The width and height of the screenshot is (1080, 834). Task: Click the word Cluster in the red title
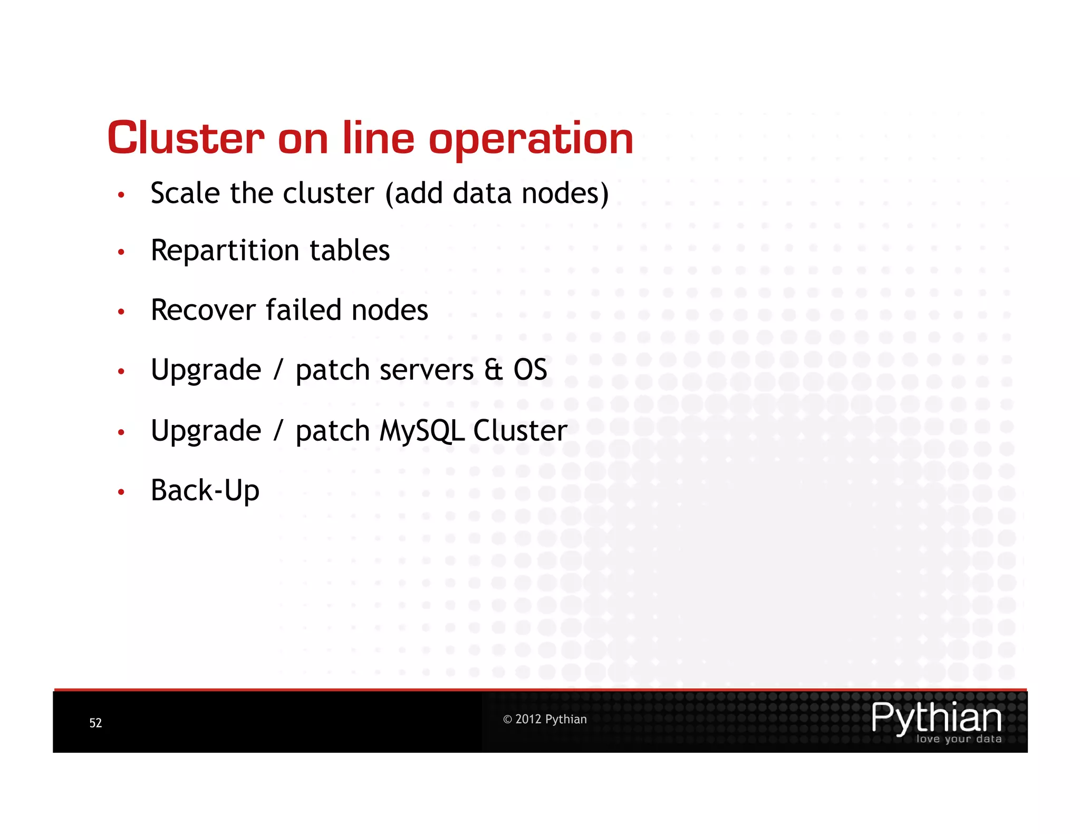tap(186, 138)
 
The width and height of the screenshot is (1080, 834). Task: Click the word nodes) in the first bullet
tap(565, 193)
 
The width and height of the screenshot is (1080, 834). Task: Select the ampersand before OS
tap(493, 370)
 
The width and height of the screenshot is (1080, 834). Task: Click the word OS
tap(530, 370)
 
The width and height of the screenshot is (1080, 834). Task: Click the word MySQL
tap(421, 431)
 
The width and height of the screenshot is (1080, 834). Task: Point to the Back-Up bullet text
tap(205, 491)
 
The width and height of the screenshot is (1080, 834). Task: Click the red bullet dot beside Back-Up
tap(121, 492)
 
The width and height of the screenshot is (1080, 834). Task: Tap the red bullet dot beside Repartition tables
tap(121, 253)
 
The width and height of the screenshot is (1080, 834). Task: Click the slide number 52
tap(95, 723)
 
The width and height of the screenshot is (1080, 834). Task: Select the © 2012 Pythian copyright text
tap(545, 720)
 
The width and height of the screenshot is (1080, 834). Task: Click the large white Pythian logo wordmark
tap(936, 717)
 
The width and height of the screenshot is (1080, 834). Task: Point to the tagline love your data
tap(958, 739)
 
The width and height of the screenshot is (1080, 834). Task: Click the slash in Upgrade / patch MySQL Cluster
tap(278, 431)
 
